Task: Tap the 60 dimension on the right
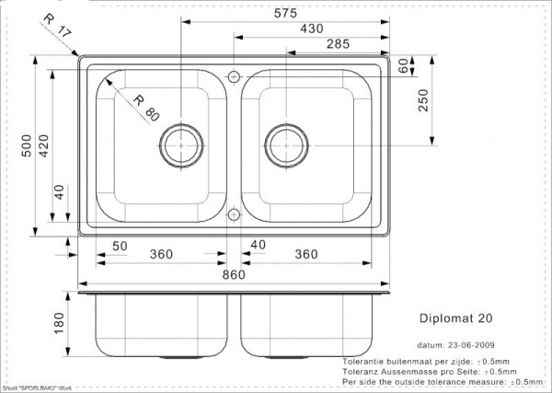401,65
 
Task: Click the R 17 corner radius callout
56,31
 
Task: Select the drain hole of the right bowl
284,143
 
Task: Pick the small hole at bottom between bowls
234,215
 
